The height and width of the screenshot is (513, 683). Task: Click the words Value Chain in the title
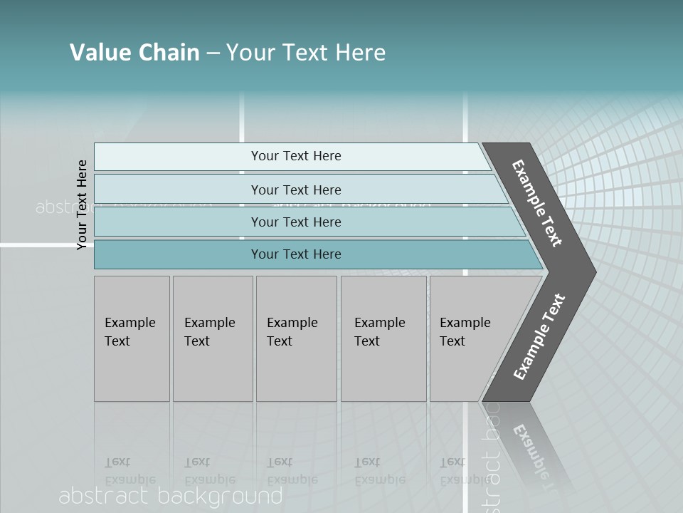pyautogui.click(x=134, y=52)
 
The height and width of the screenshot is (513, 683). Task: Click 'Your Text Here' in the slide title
pyautogui.click(x=306, y=52)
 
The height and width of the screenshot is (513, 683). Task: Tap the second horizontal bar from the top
pyautogui.click(x=295, y=190)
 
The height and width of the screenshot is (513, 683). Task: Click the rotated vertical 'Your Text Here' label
pyautogui.click(x=82, y=204)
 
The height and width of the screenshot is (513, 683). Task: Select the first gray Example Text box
pyautogui.click(x=132, y=338)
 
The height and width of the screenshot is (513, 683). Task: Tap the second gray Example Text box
pyautogui.click(x=213, y=338)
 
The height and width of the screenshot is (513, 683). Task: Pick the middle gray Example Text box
pyautogui.click(x=296, y=338)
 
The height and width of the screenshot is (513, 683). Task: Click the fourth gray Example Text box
pyautogui.click(x=383, y=338)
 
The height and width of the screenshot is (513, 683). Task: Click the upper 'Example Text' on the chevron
pyautogui.click(x=537, y=203)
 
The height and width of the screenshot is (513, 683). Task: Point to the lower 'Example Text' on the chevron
pyautogui.click(x=539, y=336)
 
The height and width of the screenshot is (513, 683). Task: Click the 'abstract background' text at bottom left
pyautogui.click(x=171, y=496)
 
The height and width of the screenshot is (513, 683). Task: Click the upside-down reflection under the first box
pyautogui.click(x=129, y=471)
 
